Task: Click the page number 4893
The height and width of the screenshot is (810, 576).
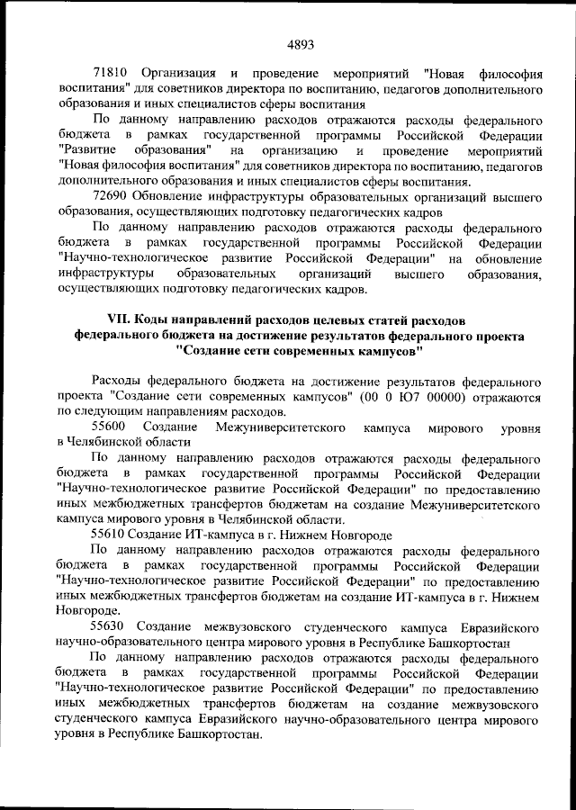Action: tap(300, 42)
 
